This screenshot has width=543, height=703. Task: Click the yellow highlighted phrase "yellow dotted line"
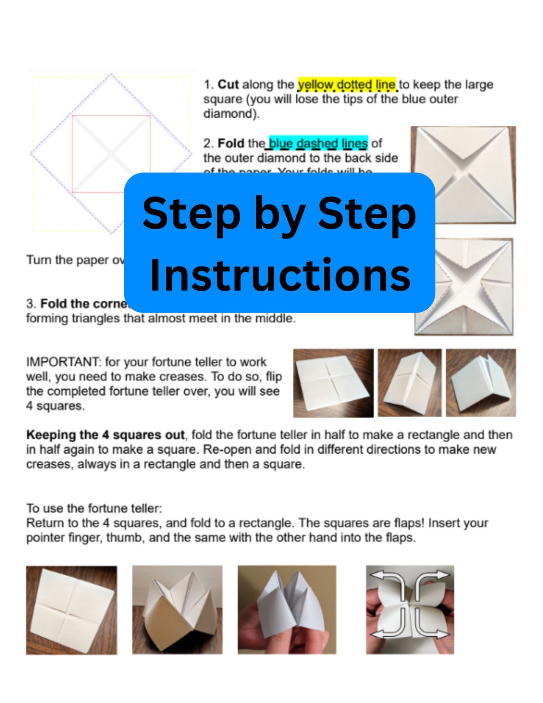pyautogui.click(x=346, y=85)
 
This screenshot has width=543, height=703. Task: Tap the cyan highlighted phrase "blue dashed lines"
pyautogui.click(x=318, y=143)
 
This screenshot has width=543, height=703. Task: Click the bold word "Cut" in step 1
pyautogui.click(x=228, y=85)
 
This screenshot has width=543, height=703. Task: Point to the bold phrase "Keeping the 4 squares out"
pyautogui.click(x=105, y=435)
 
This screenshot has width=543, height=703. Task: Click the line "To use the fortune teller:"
pyautogui.click(x=94, y=509)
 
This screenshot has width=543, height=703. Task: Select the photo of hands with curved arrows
pyautogui.click(x=410, y=610)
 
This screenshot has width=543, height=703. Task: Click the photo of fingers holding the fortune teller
pyautogui.click(x=287, y=610)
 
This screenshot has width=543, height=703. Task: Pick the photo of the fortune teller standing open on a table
pyautogui.click(x=177, y=610)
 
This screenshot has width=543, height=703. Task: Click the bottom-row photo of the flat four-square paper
pyautogui.click(x=71, y=610)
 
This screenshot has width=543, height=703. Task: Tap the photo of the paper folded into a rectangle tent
pyautogui.click(x=410, y=383)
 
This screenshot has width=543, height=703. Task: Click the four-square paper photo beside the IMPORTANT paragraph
pyautogui.click(x=333, y=383)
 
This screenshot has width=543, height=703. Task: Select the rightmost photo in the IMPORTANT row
pyautogui.click(x=481, y=383)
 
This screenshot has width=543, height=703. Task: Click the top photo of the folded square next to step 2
pyautogui.click(x=463, y=174)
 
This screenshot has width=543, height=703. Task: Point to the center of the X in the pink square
pyautogui.click(x=111, y=154)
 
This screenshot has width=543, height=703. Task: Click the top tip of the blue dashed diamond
pyautogui.click(x=111, y=74)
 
